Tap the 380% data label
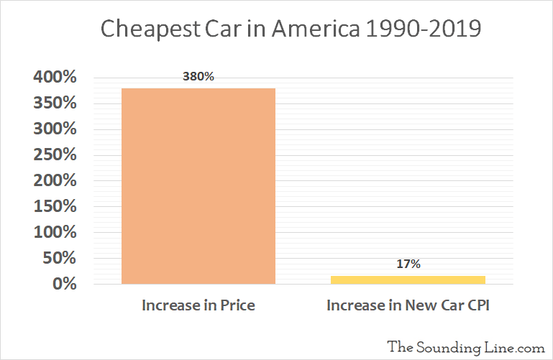point(198,76)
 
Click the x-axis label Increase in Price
point(198,305)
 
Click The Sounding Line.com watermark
point(466,346)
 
